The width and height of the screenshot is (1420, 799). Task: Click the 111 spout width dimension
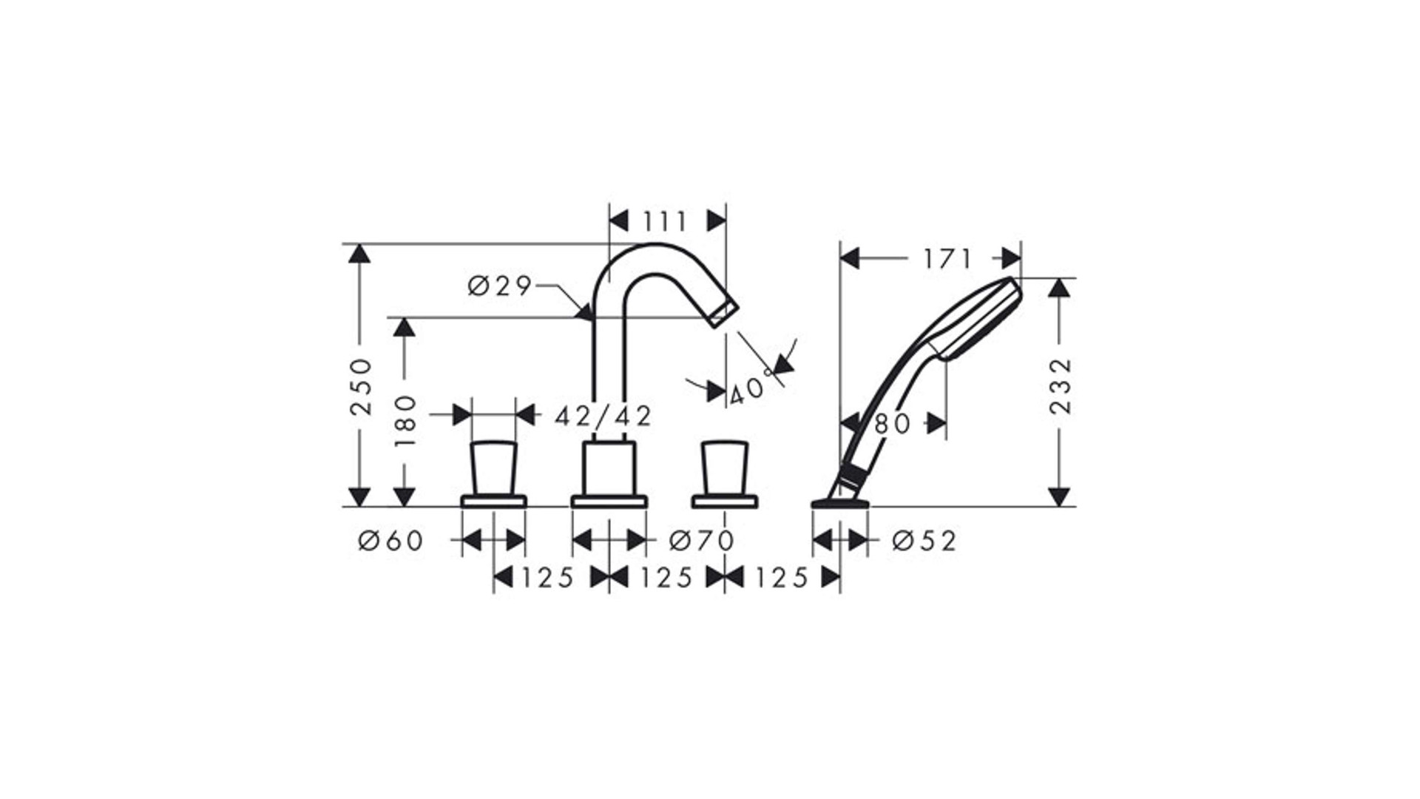click(666, 221)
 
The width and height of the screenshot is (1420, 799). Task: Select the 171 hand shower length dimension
click(947, 259)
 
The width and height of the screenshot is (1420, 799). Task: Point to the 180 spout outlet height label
click(405, 421)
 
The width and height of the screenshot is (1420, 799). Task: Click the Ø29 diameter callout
click(500, 286)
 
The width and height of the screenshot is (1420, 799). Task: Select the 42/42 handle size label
click(603, 416)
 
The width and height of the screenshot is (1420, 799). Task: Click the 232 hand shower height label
click(1061, 386)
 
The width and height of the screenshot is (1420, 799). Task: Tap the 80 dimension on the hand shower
click(893, 424)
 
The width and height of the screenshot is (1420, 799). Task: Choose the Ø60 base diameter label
click(390, 541)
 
